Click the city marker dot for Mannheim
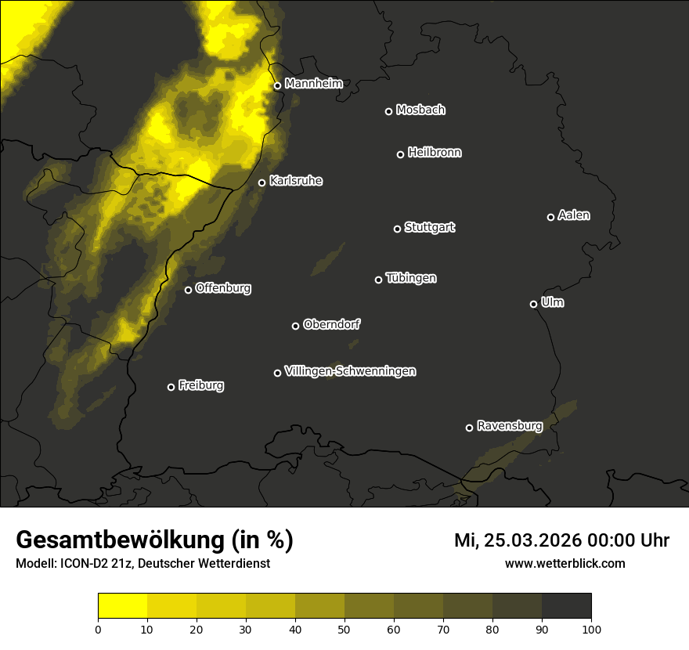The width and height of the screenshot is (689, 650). (277, 86)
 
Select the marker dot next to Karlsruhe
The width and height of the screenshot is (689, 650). (262, 183)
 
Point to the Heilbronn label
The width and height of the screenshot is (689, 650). (435, 153)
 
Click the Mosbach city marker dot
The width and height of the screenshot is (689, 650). (388, 111)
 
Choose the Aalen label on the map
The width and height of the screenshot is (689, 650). (574, 215)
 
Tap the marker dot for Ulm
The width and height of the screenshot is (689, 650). (533, 304)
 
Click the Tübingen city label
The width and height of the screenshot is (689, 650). (411, 278)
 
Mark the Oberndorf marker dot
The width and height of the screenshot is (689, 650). (295, 326)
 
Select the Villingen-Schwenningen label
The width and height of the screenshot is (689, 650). (350, 371)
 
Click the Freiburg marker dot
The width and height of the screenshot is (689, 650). (171, 387)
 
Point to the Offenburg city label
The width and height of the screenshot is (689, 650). (223, 288)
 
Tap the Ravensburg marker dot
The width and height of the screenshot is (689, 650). (469, 428)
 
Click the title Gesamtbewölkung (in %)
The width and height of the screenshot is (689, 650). (154, 540)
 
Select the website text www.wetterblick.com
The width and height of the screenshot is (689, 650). (565, 563)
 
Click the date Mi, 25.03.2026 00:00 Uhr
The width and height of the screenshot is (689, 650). (561, 540)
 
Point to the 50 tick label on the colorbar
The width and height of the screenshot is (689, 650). (344, 629)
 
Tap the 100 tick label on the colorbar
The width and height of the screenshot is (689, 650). (591, 629)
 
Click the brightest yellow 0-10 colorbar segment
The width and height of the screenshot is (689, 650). (123, 606)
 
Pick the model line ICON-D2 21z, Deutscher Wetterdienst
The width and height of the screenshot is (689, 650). (142, 564)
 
